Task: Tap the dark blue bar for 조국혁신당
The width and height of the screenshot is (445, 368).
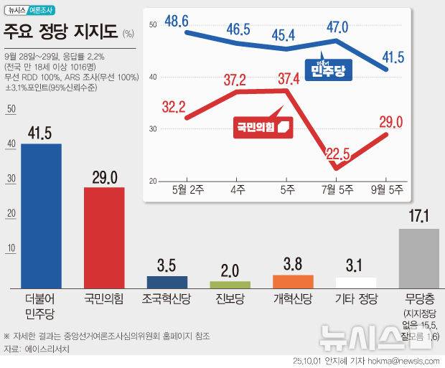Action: tap(167, 281)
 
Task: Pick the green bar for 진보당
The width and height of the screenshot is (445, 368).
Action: tap(230, 284)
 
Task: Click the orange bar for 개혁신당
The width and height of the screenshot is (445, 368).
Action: tap(293, 280)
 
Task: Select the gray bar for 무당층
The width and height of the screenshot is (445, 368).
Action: tap(418, 258)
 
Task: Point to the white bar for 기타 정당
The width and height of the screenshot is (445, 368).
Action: tap(355, 282)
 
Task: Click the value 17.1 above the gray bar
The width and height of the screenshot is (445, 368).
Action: tap(418, 216)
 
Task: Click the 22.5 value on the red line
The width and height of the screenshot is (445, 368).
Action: tap(336, 153)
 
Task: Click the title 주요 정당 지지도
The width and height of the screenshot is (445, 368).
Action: tap(60, 32)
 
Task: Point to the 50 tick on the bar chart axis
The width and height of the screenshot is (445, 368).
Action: tap(10, 109)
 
